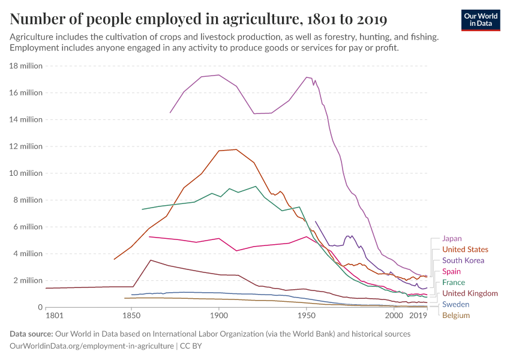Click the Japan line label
[x=452, y=238]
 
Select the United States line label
[x=465, y=250]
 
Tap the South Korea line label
[x=463, y=260]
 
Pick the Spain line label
[x=451, y=272]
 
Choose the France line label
[x=453, y=283]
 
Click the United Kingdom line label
[x=470, y=293]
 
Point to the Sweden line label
[x=455, y=304]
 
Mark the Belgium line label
[x=455, y=315]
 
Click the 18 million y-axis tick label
[x=25, y=66]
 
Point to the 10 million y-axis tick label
[x=25, y=173]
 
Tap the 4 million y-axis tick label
[x=27, y=254]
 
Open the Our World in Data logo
[x=481, y=19]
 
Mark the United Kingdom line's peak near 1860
[x=151, y=260]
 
